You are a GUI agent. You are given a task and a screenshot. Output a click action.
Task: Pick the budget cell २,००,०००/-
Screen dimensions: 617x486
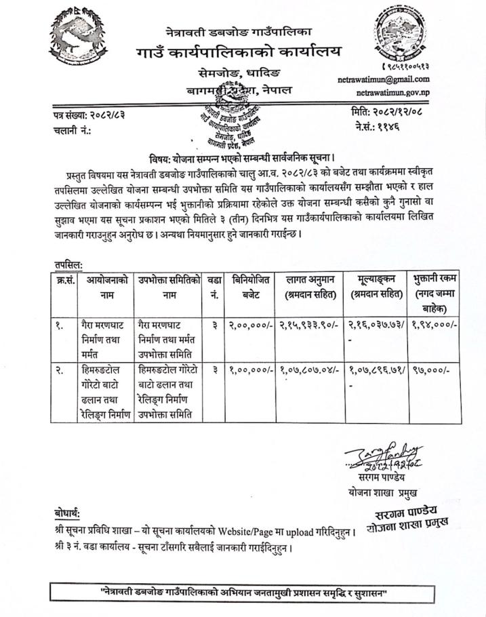tap(250, 325)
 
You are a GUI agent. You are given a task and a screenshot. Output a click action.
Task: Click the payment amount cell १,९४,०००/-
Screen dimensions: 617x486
tap(435, 325)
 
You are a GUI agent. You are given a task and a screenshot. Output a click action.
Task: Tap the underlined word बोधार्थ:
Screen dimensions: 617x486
tap(70, 513)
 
